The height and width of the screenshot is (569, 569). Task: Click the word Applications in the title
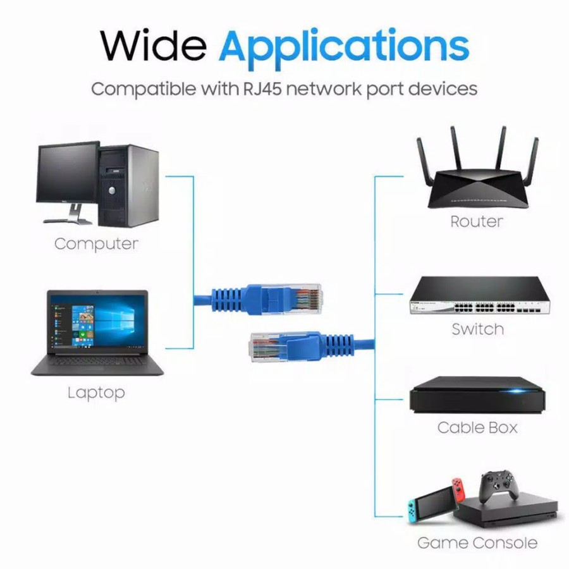(344, 46)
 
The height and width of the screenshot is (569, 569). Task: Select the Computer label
(96, 244)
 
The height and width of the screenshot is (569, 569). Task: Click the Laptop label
(96, 393)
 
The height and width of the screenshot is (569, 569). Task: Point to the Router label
(477, 222)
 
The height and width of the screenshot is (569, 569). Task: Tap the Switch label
(477, 329)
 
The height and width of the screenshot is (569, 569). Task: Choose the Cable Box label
(477, 427)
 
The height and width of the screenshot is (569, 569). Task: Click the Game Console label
(477, 542)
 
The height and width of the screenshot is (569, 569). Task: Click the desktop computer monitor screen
(68, 173)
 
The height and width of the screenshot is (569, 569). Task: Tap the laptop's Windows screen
(97, 322)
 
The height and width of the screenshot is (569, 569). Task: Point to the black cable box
(477, 395)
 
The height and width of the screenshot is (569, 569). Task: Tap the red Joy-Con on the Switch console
(458, 496)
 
